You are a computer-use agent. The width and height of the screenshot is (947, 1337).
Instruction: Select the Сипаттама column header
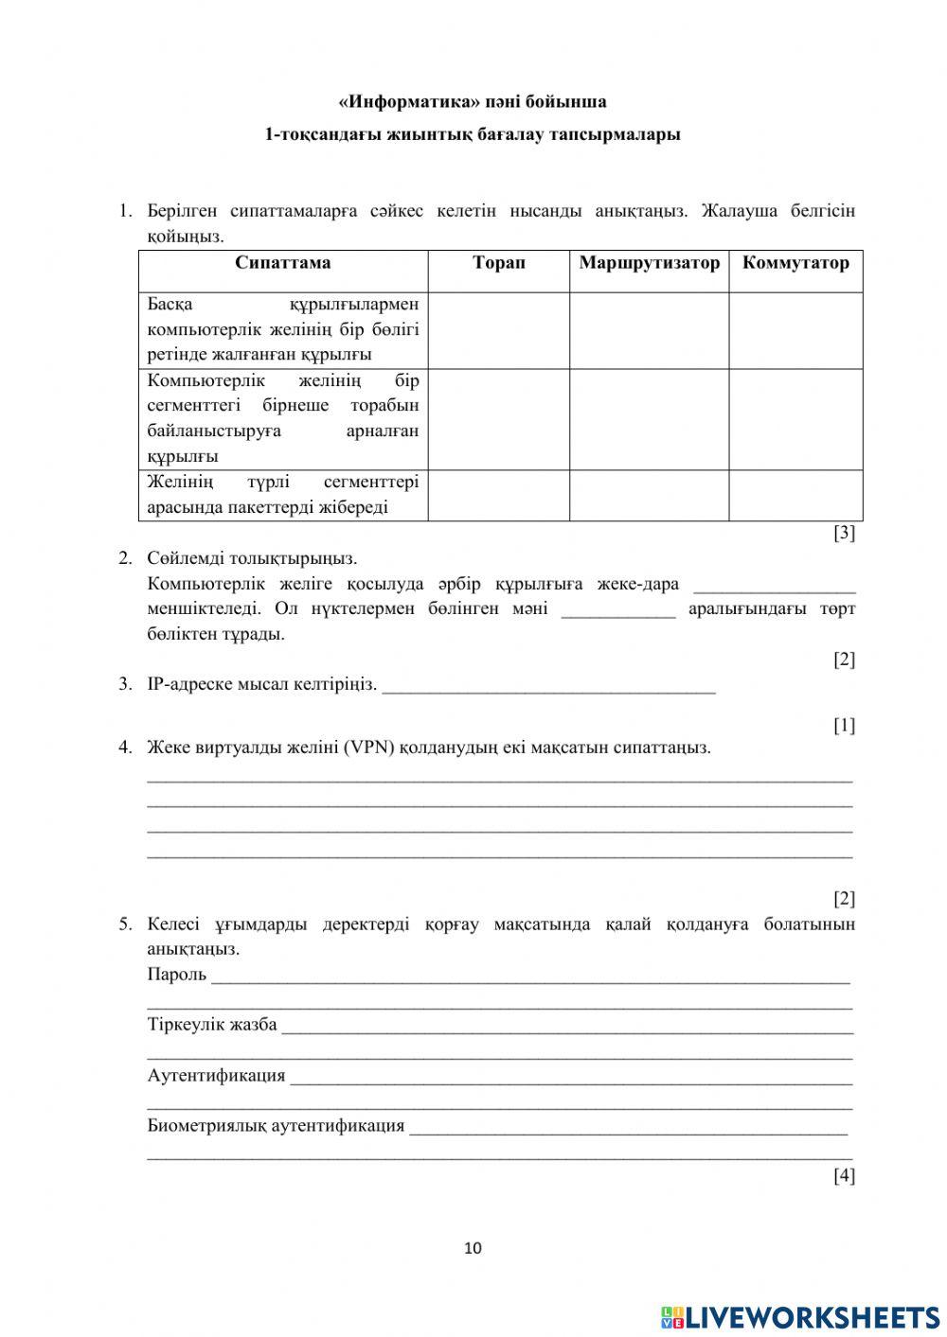click(x=283, y=263)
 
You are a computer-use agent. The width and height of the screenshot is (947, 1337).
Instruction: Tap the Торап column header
click(x=498, y=263)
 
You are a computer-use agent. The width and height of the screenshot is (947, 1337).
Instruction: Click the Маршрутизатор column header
click(x=649, y=263)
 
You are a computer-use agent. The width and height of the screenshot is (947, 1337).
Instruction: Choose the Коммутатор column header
click(x=795, y=263)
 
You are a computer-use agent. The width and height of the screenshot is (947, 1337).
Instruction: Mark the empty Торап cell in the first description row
click(x=498, y=330)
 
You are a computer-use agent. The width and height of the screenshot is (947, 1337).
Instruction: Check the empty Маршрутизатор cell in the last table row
click(x=649, y=495)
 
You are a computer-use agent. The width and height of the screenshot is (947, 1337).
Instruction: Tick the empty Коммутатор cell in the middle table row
click(x=795, y=419)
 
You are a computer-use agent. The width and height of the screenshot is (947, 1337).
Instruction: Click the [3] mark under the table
click(x=844, y=534)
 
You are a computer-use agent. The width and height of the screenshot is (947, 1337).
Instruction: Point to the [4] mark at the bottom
click(x=844, y=1176)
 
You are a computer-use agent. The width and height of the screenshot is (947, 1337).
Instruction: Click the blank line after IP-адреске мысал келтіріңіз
click(x=548, y=686)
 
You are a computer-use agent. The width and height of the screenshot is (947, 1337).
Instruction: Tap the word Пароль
click(x=177, y=975)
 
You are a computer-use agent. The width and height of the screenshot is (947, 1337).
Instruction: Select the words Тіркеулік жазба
click(x=212, y=1025)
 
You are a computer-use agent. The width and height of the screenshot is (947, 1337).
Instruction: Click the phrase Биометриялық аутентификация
click(x=276, y=1126)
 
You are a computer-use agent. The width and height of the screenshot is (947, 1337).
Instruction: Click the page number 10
click(x=473, y=1248)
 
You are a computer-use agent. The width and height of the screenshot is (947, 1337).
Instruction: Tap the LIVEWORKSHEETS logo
click(x=800, y=1316)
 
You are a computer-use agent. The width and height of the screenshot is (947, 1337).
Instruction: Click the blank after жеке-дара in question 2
click(x=774, y=586)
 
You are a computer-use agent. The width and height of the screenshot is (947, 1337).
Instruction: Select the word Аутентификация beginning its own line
click(x=216, y=1076)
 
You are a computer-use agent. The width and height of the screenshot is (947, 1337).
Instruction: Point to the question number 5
click(x=124, y=924)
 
